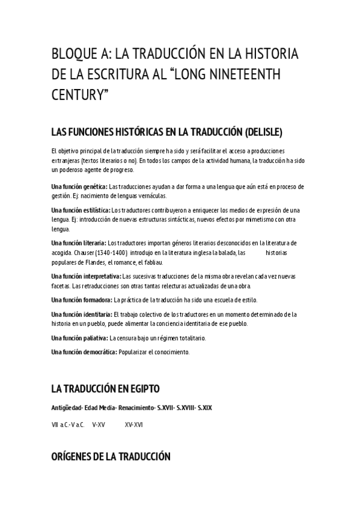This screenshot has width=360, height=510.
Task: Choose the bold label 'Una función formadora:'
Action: (82, 299)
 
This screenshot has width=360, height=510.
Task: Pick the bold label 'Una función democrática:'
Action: (84, 352)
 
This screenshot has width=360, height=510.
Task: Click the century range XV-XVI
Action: (133, 425)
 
